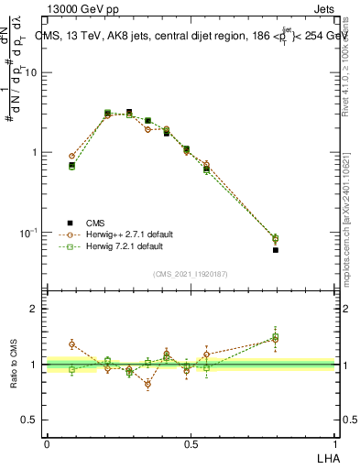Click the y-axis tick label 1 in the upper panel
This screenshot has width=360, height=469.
click(x=37, y=153)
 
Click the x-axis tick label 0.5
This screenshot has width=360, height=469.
click(x=191, y=444)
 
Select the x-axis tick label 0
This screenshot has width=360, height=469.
click(x=47, y=444)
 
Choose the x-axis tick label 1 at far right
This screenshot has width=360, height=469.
click(x=334, y=444)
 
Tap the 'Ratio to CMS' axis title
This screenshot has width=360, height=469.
click(x=13, y=365)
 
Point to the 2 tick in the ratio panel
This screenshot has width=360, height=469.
click(x=37, y=310)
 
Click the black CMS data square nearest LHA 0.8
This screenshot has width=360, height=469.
click(x=276, y=249)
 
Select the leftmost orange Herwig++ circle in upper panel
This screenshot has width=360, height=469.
click(x=72, y=157)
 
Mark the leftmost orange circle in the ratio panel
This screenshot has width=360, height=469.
click(x=72, y=344)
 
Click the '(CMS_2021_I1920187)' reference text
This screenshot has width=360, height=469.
click(x=190, y=274)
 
